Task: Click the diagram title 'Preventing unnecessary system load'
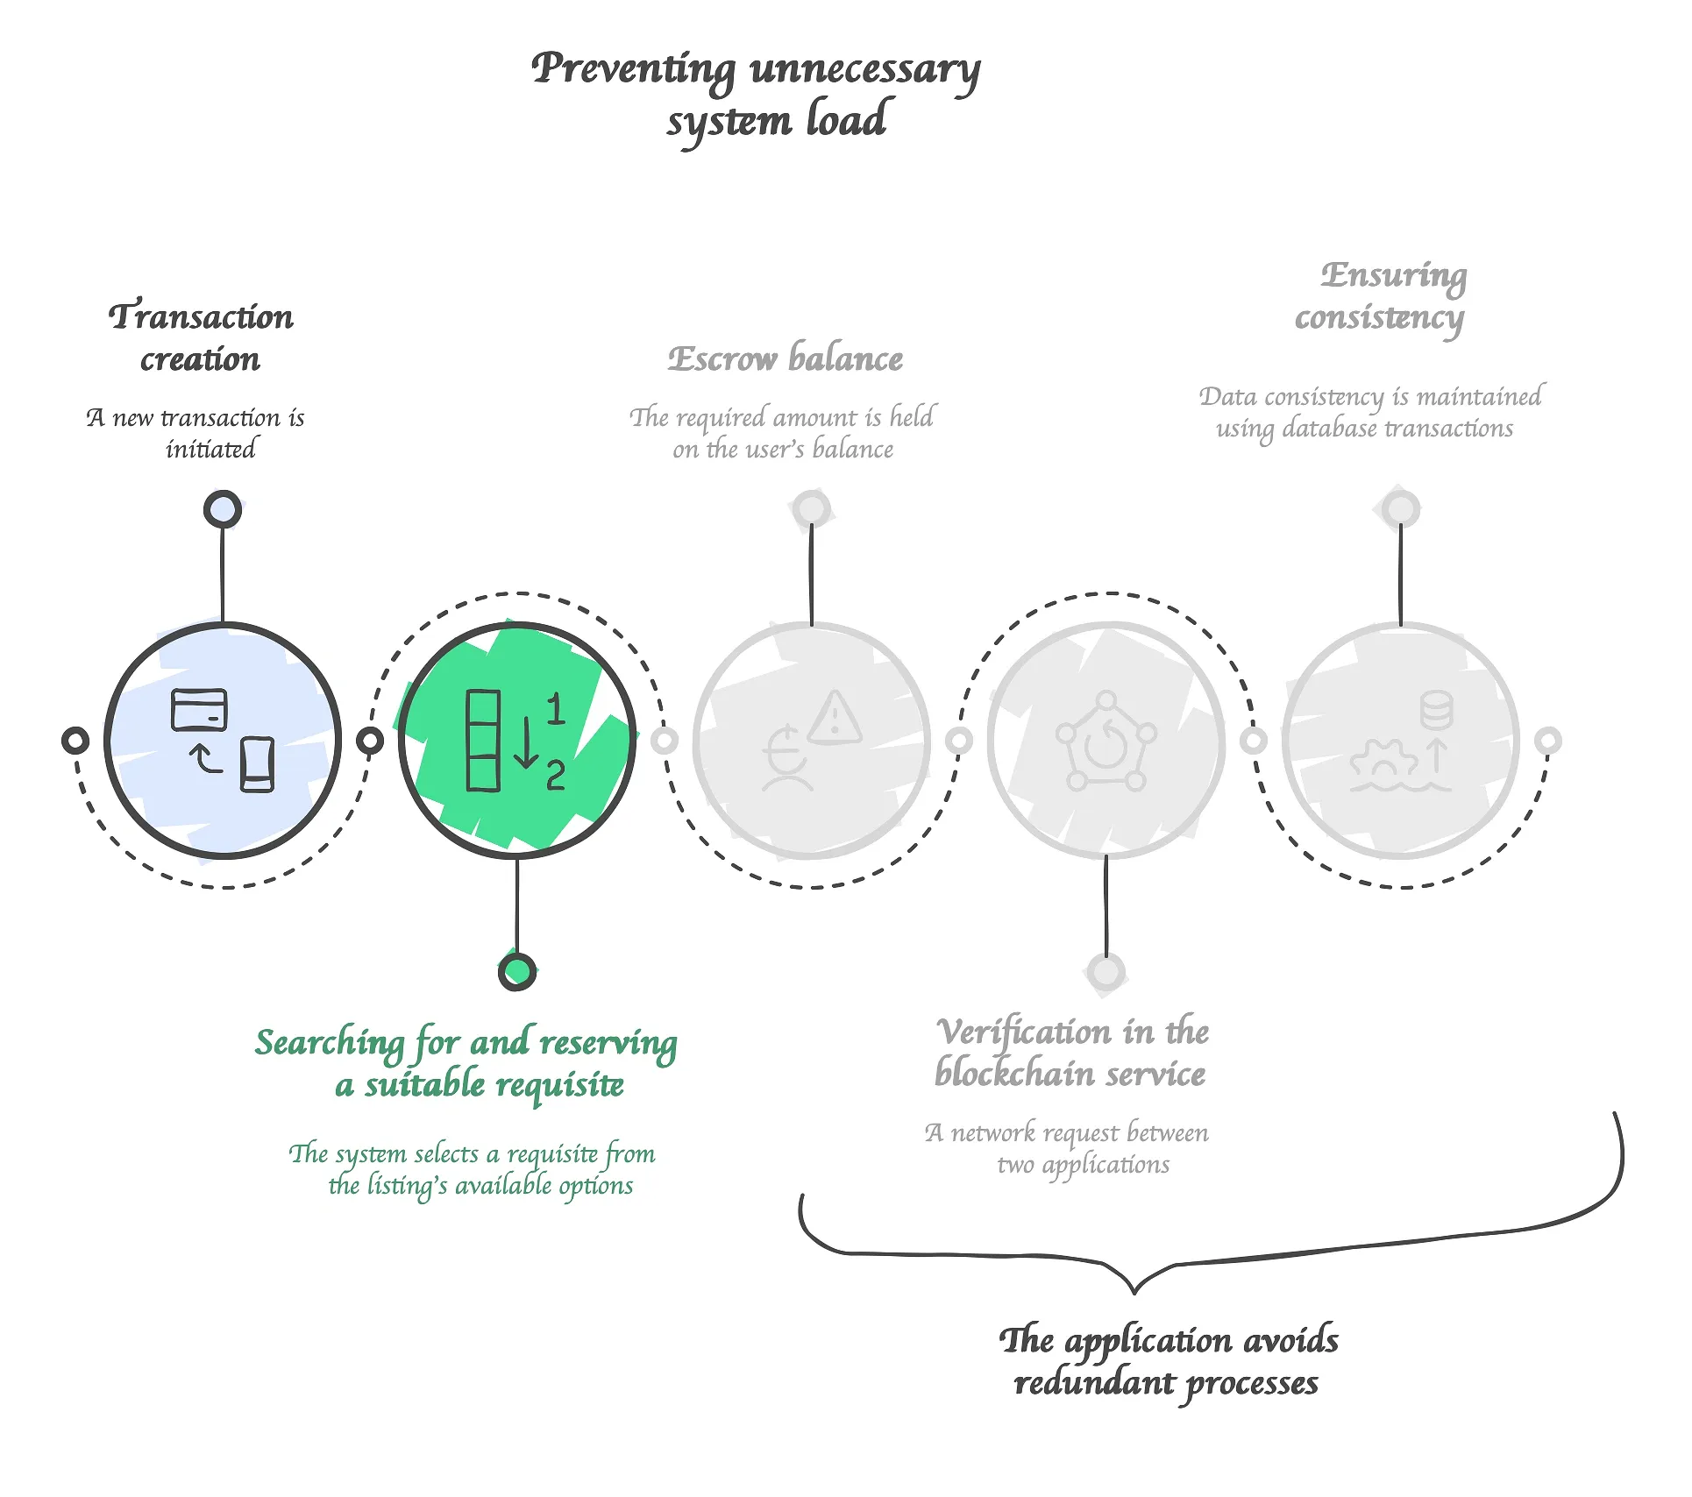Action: [756, 93]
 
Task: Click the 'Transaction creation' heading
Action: [201, 337]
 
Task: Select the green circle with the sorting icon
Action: [517, 741]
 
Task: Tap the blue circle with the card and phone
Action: [223, 741]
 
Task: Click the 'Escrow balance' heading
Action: [785, 358]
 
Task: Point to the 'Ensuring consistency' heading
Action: [1383, 295]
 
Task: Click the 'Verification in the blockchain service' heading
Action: [1071, 1052]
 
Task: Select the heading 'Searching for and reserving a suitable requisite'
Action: [466, 1062]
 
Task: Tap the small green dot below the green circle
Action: [517, 971]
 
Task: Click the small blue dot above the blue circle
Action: [223, 509]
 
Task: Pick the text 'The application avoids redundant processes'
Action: [1168, 1361]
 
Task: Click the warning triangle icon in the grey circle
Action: [835, 719]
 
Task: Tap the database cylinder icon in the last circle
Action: [1436, 710]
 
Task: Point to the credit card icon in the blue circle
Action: [199, 710]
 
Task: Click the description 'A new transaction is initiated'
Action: [196, 433]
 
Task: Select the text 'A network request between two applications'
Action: [1068, 1148]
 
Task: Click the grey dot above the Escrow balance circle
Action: [811, 509]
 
